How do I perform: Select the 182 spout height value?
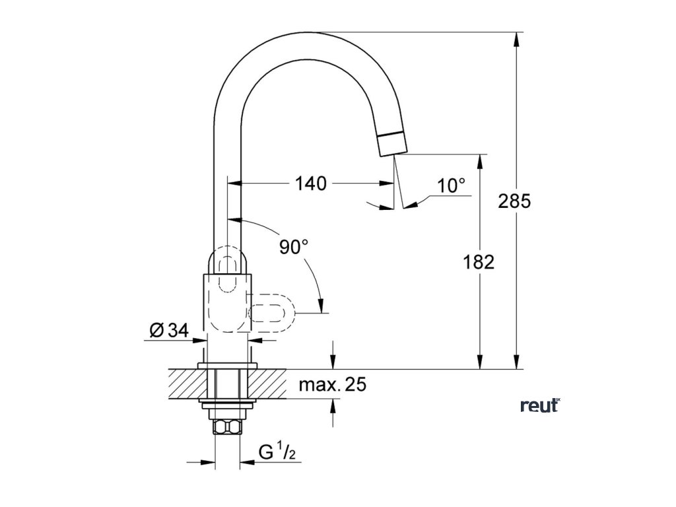[479, 262]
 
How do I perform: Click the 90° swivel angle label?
[294, 248]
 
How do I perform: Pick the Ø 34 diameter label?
[168, 331]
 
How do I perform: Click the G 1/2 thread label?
[276, 453]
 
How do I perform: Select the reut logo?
[540, 405]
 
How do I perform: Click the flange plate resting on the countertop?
[228, 365]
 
